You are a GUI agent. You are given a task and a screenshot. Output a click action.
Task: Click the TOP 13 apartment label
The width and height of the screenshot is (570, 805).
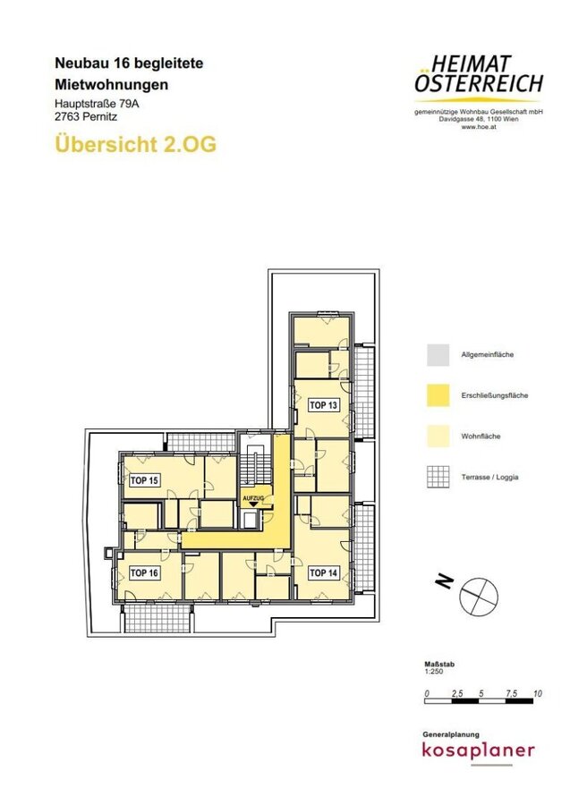324,405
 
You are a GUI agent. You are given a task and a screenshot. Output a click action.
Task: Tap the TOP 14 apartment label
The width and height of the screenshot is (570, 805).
324,572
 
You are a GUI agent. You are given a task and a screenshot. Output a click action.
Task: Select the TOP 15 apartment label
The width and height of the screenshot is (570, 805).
144,480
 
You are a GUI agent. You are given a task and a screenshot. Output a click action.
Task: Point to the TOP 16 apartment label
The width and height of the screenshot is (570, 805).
144,572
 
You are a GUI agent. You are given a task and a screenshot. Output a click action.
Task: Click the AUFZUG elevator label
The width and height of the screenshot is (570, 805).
253,498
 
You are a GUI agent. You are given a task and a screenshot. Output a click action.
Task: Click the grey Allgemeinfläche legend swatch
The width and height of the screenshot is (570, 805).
438,355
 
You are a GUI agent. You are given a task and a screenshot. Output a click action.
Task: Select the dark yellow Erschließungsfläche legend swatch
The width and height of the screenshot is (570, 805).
438,395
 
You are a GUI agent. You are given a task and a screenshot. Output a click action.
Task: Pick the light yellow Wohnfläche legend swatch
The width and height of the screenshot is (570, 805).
438,436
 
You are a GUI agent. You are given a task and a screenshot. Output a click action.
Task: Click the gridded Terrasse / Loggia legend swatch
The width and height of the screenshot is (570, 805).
438,477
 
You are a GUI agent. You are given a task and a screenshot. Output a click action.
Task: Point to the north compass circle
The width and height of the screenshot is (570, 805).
479,596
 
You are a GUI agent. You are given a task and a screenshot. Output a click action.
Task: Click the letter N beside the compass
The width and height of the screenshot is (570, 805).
445,580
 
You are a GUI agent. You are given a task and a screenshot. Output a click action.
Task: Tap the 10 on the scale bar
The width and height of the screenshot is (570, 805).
538,693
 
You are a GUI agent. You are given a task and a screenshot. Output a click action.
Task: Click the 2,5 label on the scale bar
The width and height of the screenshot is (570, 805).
457,693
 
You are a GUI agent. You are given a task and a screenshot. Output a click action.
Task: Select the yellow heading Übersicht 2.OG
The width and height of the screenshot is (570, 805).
136,144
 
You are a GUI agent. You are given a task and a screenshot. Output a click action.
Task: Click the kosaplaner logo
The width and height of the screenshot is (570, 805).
478,750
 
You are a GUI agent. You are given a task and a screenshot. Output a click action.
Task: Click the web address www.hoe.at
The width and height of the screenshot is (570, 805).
479,127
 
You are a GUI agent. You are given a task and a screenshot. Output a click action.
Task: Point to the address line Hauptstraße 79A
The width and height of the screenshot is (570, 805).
97,104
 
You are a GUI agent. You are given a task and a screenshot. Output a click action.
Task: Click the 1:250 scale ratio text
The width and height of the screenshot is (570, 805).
434,671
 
